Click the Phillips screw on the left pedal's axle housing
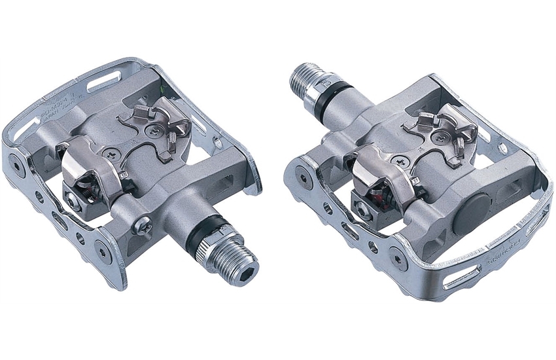click(143, 227)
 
